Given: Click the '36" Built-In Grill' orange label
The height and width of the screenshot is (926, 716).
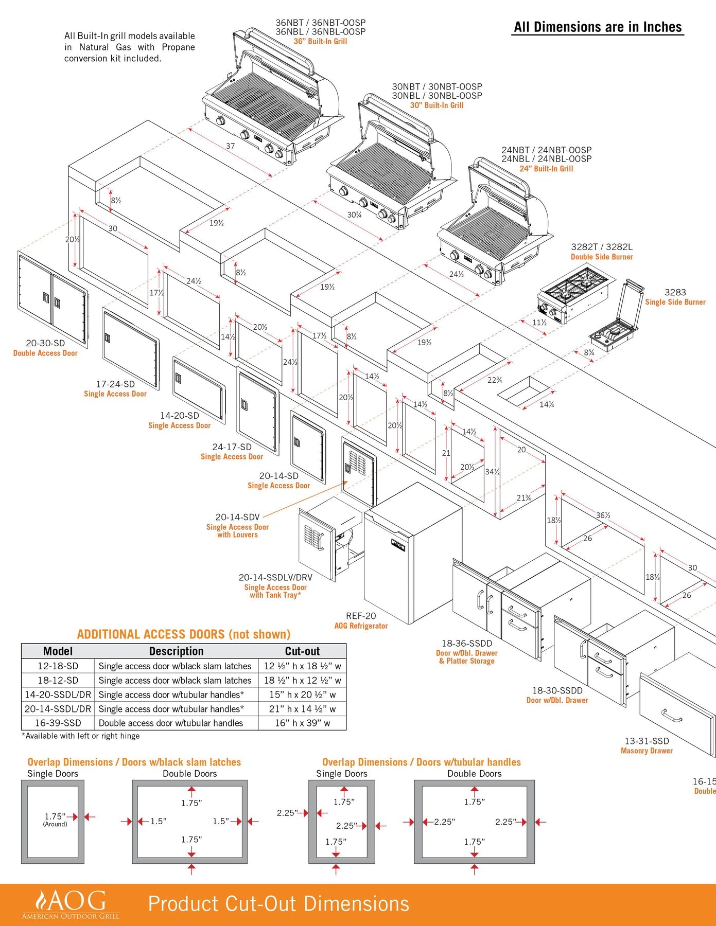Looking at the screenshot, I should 320,41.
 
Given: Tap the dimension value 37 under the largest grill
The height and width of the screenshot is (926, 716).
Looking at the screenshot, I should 231,146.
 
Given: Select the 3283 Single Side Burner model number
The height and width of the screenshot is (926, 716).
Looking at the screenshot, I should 675,292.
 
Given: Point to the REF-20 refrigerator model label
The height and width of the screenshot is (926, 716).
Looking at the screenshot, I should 361,616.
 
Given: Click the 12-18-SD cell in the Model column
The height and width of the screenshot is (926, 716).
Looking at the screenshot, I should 58,666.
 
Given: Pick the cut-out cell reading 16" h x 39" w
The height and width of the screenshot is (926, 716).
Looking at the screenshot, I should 302,723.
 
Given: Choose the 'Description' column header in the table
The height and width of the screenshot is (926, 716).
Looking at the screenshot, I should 176,651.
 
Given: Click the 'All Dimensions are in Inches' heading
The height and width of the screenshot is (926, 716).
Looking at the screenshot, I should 598,27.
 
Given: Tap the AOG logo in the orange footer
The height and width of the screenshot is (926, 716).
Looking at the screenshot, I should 71,904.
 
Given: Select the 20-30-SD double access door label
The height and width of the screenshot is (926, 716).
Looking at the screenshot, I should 45,343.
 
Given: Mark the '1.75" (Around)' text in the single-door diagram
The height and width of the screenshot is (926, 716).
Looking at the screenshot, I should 55,819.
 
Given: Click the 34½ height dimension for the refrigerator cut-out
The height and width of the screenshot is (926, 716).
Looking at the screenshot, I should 492,472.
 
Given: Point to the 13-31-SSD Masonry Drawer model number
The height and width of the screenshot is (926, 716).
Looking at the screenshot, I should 647,741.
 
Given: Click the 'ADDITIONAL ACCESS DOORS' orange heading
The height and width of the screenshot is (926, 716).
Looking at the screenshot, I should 184,634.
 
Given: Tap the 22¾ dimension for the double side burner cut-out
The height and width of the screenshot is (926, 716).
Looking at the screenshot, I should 495,380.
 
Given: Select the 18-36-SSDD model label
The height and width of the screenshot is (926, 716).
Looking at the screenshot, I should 467,643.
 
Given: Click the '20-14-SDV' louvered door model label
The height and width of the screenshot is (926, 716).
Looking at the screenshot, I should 237,517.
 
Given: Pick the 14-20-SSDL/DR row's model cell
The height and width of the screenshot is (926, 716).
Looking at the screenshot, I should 58,694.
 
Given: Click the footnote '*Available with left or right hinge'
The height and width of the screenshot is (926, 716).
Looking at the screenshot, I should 81,736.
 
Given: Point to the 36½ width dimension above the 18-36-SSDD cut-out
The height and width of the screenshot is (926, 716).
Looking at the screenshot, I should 603,515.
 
